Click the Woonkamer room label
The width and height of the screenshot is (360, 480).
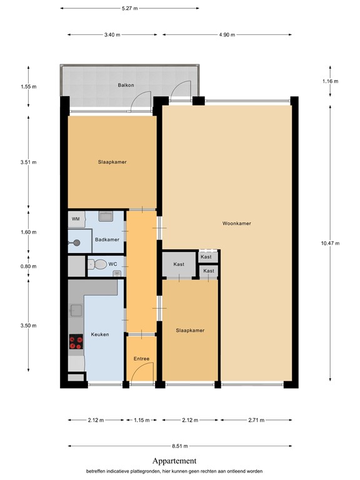[x=236, y=223]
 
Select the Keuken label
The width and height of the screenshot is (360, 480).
[x=99, y=334]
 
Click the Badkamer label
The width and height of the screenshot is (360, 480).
[x=107, y=239]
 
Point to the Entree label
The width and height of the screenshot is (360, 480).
[x=141, y=358]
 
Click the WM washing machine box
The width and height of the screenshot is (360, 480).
[x=76, y=219]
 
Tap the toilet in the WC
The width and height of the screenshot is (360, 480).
[x=94, y=264]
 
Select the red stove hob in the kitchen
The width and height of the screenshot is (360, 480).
[x=76, y=342]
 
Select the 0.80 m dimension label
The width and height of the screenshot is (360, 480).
[x=29, y=267]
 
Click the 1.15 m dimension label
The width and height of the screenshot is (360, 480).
[x=141, y=421]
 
